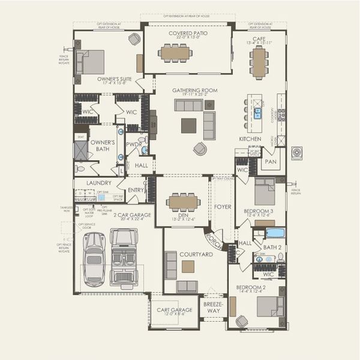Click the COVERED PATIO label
point(188,33)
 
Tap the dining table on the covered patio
point(176,53)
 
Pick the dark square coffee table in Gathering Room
point(188,125)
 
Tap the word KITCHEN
point(250,139)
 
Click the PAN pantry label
point(271,162)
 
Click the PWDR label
point(134,145)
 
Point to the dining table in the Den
point(184,202)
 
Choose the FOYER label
point(223,207)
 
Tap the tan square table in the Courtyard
point(188,266)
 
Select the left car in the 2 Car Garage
point(95,259)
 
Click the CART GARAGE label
point(175,310)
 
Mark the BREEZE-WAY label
point(213,308)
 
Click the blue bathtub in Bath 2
point(275,233)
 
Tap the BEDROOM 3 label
point(258,211)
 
